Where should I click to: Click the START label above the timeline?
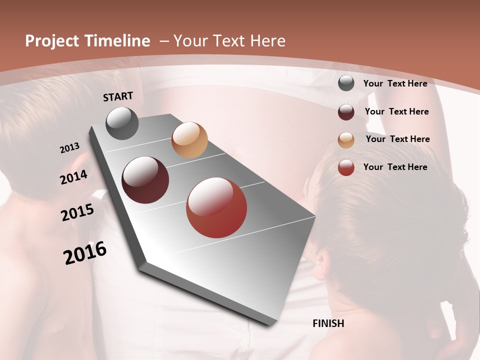click(x=118, y=96)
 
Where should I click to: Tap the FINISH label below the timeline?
click(x=328, y=323)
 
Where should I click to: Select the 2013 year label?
click(x=70, y=148)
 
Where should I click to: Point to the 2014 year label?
click(x=73, y=177)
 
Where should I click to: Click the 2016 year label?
click(x=85, y=253)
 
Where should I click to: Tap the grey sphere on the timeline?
click(x=122, y=123)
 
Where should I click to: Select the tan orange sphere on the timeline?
click(x=189, y=140)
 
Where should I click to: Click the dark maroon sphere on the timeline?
click(x=145, y=180)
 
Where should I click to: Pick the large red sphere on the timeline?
click(x=216, y=207)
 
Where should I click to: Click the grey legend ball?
click(x=346, y=83)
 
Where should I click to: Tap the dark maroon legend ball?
click(x=346, y=112)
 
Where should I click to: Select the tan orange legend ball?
click(x=346, y=140)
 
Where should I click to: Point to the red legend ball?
click(x=346, y=167)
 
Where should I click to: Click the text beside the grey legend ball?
click(x=395, y=83)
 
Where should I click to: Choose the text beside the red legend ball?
click(x=395, y=167)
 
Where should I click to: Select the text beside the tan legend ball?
click(x=397, y=139)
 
